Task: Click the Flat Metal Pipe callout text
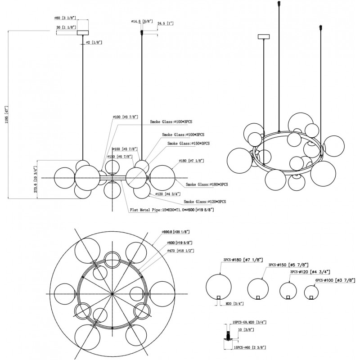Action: click(171, 210)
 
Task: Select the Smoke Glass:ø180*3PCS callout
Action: click(207, 184)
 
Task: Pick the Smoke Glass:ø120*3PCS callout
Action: click(205, 202)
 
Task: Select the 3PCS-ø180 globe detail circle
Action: click(218, 287)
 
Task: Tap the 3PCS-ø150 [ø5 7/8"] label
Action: click(288, 265)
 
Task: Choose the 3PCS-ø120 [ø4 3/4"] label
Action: click(310, 272)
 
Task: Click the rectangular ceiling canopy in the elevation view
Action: click(83, 32)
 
